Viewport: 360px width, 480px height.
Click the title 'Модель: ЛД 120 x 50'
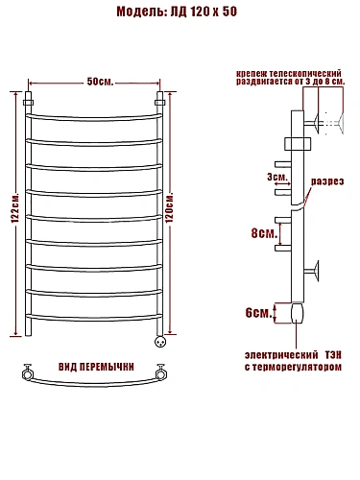177,12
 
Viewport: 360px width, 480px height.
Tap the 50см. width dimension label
100,82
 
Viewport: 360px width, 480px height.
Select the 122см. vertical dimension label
15,208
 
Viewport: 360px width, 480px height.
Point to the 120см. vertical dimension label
169,208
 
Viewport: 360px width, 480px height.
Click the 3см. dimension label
277,177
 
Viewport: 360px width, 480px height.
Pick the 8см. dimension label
264,233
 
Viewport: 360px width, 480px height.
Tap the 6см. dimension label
258,313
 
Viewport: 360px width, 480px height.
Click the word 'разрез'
327,181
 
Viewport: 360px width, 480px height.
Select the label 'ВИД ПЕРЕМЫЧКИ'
96,367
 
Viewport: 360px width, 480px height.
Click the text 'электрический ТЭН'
293,355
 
